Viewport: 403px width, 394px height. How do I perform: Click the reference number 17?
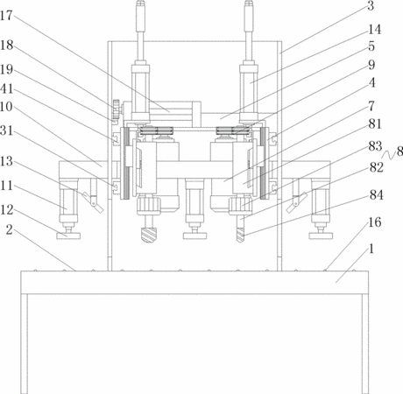[x=6, y=16]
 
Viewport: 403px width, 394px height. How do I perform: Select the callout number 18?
[x=6, y=46]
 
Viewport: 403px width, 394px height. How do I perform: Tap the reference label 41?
[x=6, y=88]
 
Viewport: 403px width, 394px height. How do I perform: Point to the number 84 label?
[x=376, y=194]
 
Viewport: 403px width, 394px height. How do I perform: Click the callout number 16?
[x=374, y=222]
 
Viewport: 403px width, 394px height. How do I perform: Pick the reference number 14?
[x=374, y=30]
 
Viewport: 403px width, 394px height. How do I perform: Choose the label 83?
[x=375, y=146]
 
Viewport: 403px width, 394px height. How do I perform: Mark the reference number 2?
[x=10, y=230]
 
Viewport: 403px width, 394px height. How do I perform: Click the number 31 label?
[x=6, y=130]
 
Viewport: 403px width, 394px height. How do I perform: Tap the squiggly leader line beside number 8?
[x=389, y=155]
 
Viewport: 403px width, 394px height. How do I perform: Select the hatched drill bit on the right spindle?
[x=240, y=235]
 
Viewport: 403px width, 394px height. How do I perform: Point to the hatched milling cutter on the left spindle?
[x=149, y=235]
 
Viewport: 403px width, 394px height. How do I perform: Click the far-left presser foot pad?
[x=68, y=236]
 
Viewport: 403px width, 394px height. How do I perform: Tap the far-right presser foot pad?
[x=321, y=236]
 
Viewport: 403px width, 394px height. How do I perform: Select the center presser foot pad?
[x=194, y=236]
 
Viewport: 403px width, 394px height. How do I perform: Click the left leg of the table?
[x=25, y=344]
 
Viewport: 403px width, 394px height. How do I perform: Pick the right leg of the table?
[x=365, y=344]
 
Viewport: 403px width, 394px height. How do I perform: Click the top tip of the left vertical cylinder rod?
[x=140, y=1]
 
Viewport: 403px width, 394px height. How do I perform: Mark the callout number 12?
[x=6, y=210]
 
